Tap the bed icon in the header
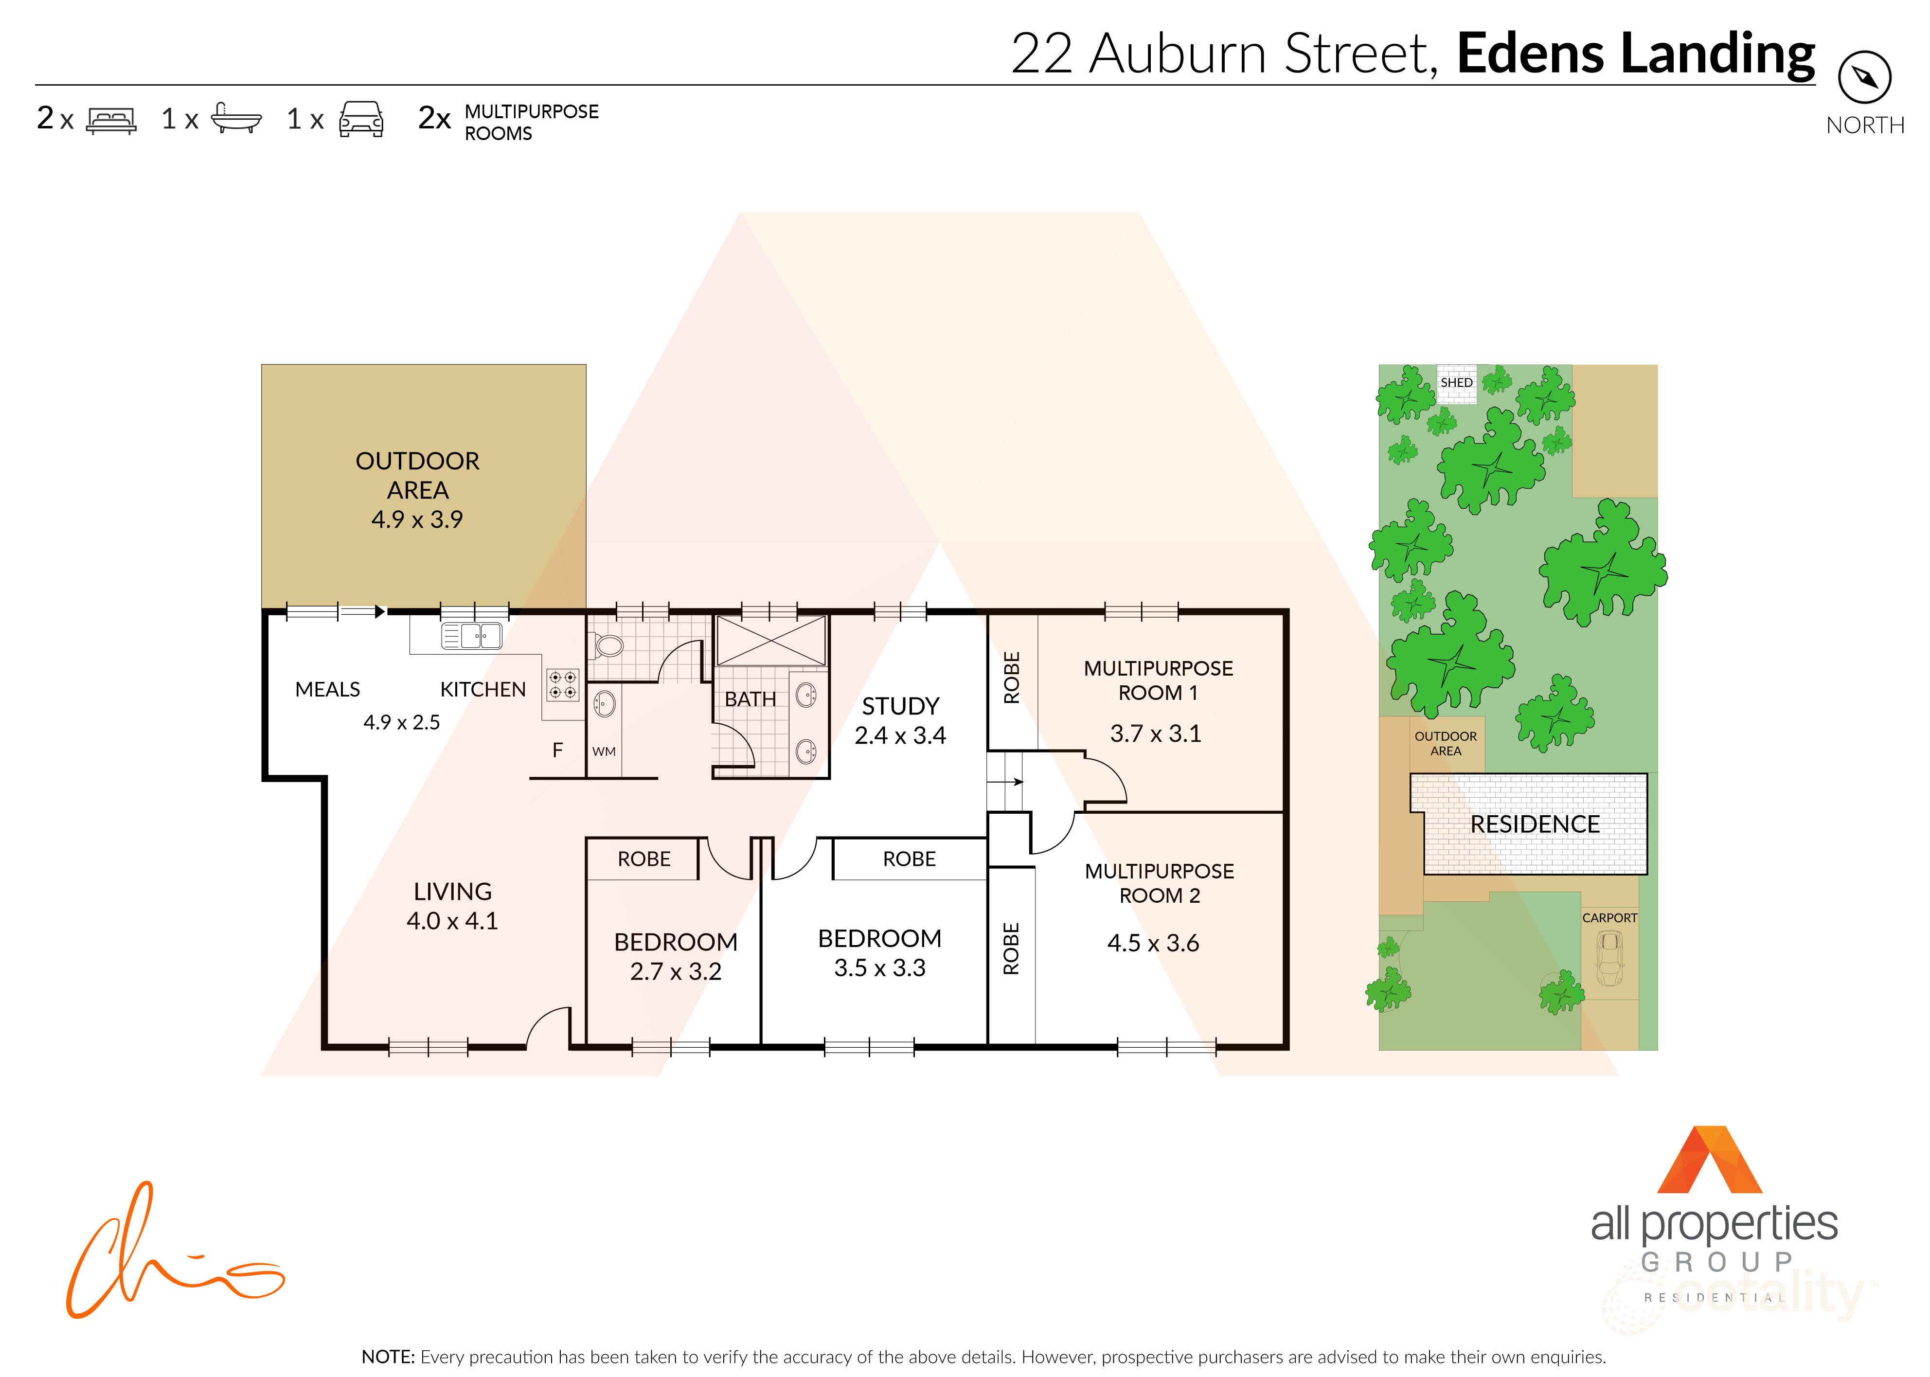point(111,120)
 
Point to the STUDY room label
point(901,706)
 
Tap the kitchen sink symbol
point(471,635)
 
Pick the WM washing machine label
point(604,751)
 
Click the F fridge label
point(557,750)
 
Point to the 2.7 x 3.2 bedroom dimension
point(675,972)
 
